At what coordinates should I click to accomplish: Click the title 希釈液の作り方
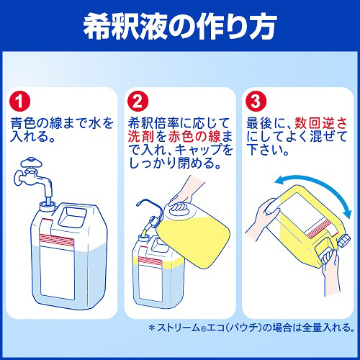pyautogui.click(x=180, y=26)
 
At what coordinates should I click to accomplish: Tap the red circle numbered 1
pyautogui.click(x=19, y=101)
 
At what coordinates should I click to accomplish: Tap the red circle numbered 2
pyautogui.click(x=138, y=101)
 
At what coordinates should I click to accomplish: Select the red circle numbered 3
pyautogui.click(x=256, y=101)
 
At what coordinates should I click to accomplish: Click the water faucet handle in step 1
pyautogui.click(x=31, y=163)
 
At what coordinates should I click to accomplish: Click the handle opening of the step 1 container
pyautogui.click(x=72, y=218)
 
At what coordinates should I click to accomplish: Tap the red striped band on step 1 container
pyautogui.click(x=57, y=240)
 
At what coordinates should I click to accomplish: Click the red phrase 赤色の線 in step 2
pyautogui.click(x=194, y=137)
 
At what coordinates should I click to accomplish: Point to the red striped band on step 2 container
pyautogui.click(x=147, y=261)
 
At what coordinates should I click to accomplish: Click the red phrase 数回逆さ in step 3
pyautogui.click(x=321, y=123)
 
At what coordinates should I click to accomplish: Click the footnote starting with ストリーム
pyautogui.click(x=251, y=328)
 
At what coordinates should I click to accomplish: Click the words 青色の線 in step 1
pyautogui.click(x=36, y=123)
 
